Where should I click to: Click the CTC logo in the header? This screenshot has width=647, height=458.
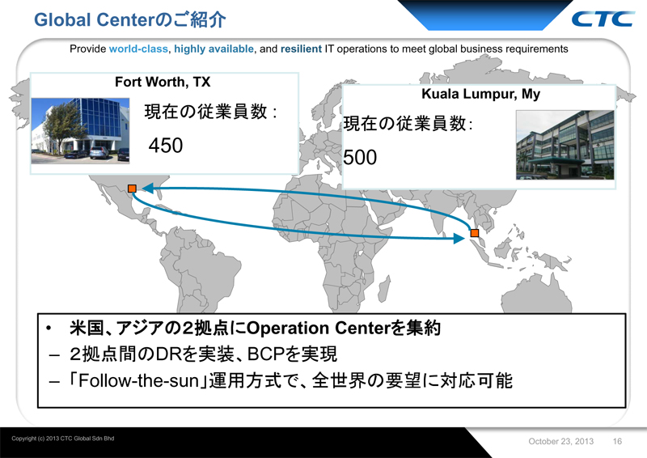point(603,18)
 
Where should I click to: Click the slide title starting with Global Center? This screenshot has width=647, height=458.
point(130,18)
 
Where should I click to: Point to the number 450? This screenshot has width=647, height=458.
point(166,145)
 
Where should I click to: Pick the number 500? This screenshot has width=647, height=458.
point(360,157)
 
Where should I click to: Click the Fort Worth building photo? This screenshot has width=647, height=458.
point(79,130)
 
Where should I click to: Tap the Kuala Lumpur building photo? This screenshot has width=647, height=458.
point(564,144)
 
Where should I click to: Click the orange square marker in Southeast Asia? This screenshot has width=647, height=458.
point(475,234)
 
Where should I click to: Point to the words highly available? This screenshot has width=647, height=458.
point(212,49)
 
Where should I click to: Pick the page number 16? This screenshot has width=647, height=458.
point(617,441)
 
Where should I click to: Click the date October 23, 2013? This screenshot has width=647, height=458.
point(561,441)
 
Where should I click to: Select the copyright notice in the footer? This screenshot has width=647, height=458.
point(63,438)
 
